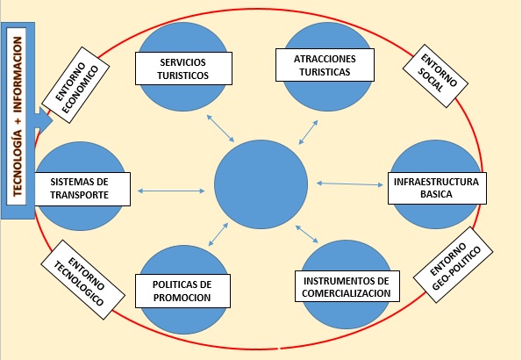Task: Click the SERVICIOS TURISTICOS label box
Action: (x=183, y=68)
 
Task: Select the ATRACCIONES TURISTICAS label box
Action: (x=325, y=65)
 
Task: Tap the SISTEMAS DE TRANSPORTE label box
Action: (x=82, y=189)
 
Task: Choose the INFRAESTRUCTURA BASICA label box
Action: (x=437, y=188)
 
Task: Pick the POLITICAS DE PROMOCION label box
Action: (x=182, y=291)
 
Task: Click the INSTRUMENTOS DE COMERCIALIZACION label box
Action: (x=347, y=286)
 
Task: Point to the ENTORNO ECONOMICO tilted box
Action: (x=76, y=85)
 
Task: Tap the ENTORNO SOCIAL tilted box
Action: (x=435, y=76)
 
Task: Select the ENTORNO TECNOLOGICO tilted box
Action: (x=82, y=279)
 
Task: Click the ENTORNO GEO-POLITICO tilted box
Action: (x=453, y=264)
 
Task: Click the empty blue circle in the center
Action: (x=261, y=184)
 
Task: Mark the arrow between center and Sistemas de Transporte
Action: (x=171, y=191)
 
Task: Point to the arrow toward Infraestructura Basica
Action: (x=349, y=184)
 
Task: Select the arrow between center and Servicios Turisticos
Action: (x=220, y=128)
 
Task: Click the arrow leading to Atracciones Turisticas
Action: (x=308, y=133)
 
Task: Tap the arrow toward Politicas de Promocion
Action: (x=218, y=234)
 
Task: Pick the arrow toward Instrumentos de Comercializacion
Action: (x=307, y=234)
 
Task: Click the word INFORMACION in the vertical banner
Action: (x=18, y=75)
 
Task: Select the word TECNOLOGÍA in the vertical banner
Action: (x=18, y=163)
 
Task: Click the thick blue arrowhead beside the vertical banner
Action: (x=44, y=120)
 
